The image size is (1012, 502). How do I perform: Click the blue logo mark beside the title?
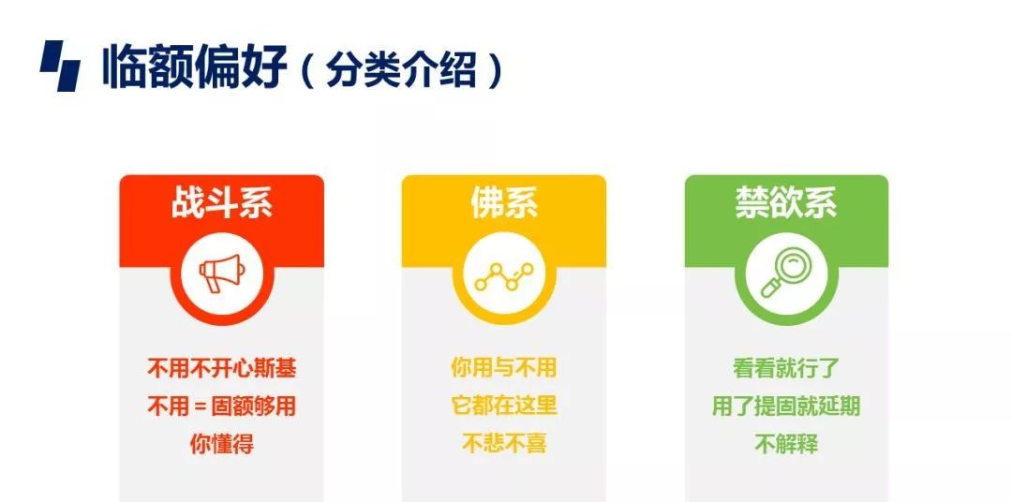point(61,66)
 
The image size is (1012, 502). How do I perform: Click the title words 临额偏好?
point(194,66)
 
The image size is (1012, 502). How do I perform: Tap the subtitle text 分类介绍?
point(401,68)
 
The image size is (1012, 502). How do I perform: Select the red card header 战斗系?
point(221,202)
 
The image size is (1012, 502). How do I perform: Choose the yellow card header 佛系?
point(504,202)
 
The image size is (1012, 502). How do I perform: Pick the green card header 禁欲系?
point(786,202)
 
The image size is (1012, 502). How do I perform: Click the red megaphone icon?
point(220,273)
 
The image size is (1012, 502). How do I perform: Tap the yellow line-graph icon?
point(504,276)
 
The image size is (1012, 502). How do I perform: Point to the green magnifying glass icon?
point(785,273)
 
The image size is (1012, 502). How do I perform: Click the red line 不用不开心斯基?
point(222,369)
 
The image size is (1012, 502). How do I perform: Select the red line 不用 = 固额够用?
point(221,406)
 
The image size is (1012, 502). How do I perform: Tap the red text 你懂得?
point(221,444)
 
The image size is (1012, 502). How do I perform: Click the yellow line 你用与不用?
point(504,368)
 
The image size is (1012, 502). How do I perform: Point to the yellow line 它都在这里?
point(504,406)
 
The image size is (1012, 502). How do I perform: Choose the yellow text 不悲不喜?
point(504,443)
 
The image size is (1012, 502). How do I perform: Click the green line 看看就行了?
point(786,369)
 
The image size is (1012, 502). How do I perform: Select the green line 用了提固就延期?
point(786,406)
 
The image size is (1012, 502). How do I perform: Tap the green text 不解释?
point(786,444)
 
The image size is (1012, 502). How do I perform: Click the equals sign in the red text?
point(200,407)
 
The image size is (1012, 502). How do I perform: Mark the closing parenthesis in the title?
point(495,69)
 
